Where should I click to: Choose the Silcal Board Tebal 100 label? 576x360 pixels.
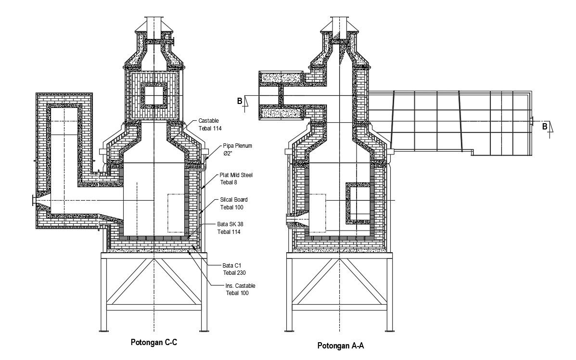click(231, 203)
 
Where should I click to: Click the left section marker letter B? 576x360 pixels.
click(240, 101)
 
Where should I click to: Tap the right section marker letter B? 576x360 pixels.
click(544, 127)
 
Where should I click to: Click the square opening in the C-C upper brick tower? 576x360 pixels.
click(154, 94)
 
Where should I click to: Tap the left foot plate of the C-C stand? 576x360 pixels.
click(103, 330)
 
